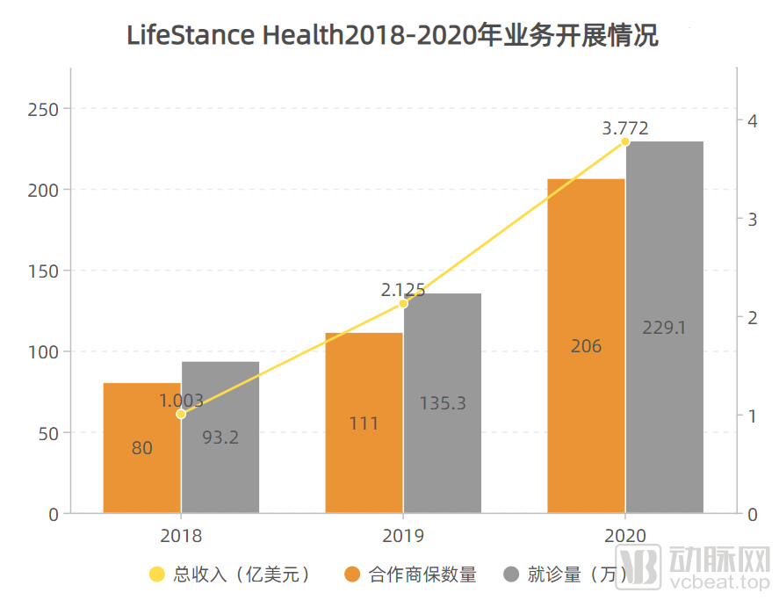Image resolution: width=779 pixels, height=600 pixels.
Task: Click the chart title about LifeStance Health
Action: point(393,36)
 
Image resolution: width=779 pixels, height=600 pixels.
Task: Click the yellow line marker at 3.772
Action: point(625,141)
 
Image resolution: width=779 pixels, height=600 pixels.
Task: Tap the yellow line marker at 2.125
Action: point(403,303)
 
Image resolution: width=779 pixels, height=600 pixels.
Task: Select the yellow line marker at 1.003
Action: point(181,414)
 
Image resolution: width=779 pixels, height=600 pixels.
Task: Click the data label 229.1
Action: point(664,328)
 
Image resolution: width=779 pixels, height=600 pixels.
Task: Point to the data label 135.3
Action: point(443,403)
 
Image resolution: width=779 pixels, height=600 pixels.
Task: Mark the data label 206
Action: point(586,346)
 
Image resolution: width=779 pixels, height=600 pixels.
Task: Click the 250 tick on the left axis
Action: point(43,109)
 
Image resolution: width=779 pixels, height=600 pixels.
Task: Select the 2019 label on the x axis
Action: point(403,535)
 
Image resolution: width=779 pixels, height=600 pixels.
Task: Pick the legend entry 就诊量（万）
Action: point(566,575)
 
